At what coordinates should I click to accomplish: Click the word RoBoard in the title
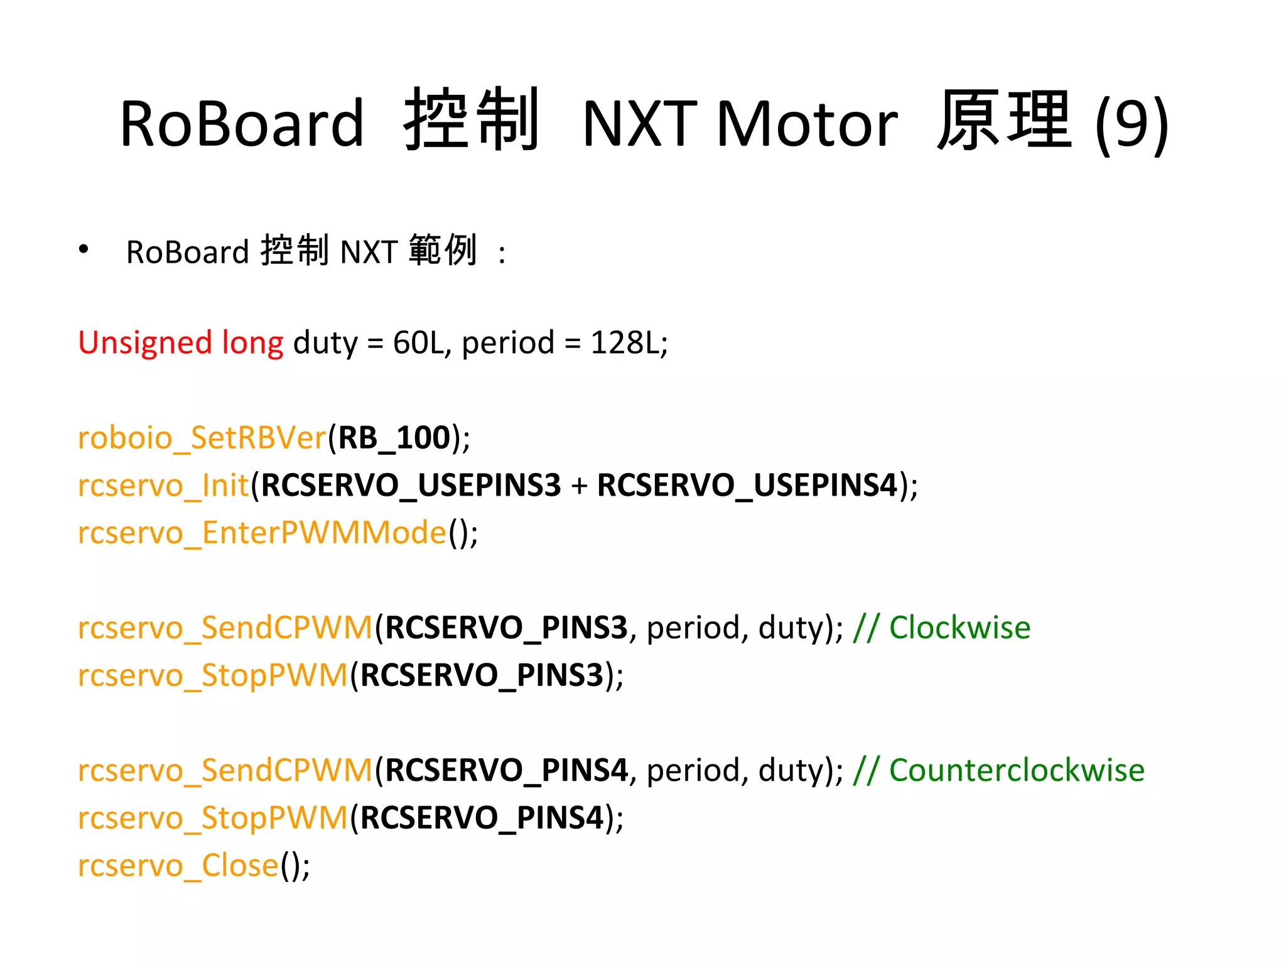tap(242, 124)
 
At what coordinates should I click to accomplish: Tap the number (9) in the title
tap(1132, 124)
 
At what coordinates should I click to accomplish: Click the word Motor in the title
tap(807, 124)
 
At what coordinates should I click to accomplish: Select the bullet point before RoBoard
tap(84, 249)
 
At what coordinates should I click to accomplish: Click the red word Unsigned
tap(145, 343)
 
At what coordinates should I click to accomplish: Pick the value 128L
tap(625, 343)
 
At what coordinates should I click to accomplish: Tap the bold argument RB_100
tap(394, 438)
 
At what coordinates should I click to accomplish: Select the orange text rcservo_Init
tap(163, 486)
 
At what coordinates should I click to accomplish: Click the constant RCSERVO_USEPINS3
tap(411, 486)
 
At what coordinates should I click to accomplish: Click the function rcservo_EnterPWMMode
tap(262, 533)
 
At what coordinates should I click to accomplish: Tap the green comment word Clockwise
tap(959, 628)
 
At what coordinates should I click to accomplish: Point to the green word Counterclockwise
tap(1017, 770)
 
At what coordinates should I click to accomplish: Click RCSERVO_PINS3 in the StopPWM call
tap(482, 675)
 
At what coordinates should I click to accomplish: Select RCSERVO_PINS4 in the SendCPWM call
tap(506, 770)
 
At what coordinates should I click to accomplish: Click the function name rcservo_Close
tap(178, 866)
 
